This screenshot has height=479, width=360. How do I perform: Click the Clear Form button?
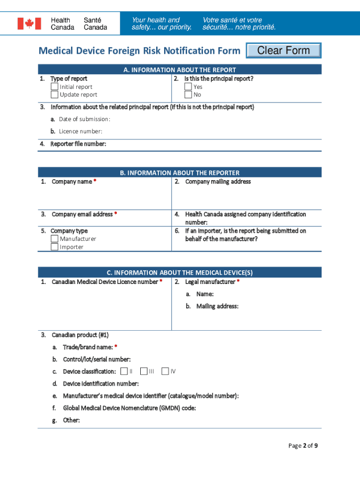pos(283,51)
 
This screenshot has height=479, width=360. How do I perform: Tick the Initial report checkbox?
pos(55,87)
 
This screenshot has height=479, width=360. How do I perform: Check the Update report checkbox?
pos(55,94)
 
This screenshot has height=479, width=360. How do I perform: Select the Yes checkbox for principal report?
pos(188,87)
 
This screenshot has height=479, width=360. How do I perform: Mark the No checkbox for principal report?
pos(188,94)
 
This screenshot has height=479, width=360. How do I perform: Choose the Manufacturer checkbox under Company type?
pos(55,239)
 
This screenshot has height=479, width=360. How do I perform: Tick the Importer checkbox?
pos(55,247)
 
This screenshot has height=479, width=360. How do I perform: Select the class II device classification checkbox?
pos(124,371)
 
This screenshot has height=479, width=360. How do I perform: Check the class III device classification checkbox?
pos(144,371)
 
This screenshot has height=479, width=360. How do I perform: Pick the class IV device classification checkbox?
pos(165,371)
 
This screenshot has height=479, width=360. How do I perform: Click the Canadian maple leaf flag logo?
pos(29,23)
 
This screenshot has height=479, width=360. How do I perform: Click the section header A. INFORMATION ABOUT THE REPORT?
pos(180,70)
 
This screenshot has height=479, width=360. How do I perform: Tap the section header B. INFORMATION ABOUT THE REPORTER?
pos(180,173)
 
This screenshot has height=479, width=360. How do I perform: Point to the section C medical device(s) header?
pos(180,272)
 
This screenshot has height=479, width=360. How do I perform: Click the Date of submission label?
pos(84,119)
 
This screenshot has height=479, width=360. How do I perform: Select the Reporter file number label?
pos(78,144)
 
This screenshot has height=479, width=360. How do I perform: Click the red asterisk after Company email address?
pos(115,214)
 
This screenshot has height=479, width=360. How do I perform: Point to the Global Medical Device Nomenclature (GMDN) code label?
pos(129,408)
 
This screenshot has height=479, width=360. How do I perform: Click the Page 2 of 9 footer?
pos(303,445)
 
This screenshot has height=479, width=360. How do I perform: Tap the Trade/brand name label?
pos(88,347)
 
